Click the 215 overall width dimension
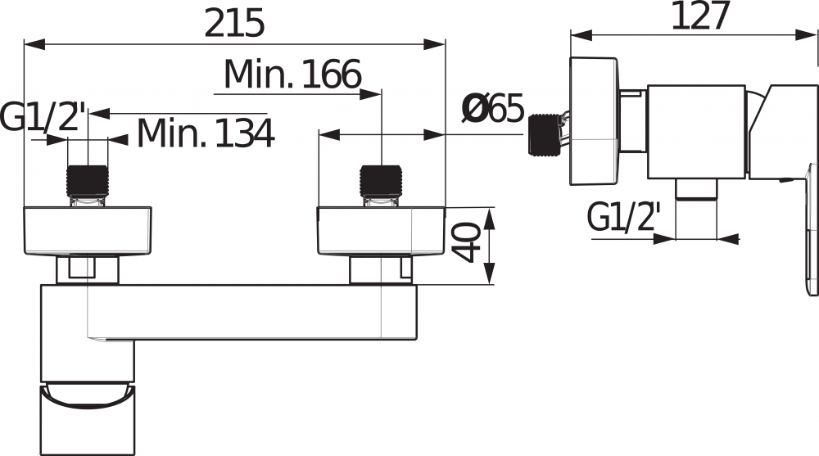tap(234, 23)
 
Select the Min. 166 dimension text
tap(292, 76)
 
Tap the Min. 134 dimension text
tap(205, 133)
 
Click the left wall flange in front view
tap(88, 231)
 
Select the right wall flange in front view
tap(381, 231)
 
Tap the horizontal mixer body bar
tap(246, 311)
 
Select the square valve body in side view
tap(696, 131)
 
